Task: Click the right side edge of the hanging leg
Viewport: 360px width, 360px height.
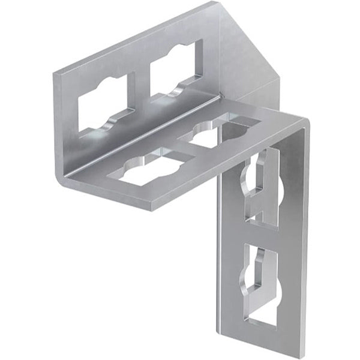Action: point(304,240)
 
